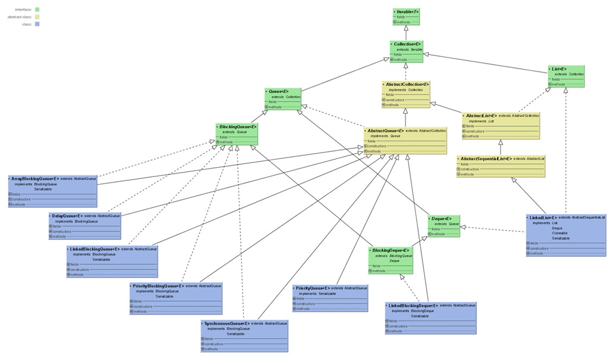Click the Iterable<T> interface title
tap(407, 11)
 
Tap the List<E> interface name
tap(559, 69)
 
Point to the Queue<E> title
tap(278, 91)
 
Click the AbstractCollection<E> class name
tap(407, 85)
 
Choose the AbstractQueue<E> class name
tap(385, 131)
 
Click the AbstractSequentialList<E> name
tap(486, 159)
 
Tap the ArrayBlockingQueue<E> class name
tap(35, 179)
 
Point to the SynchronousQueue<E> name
tap(227, 324)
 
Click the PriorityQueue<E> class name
tap(312, 288)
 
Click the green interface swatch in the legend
tap(36, 9)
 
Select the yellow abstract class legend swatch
tap(36, 17)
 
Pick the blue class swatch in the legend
tap(36, 24)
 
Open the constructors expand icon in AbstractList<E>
tap(464, 131)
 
